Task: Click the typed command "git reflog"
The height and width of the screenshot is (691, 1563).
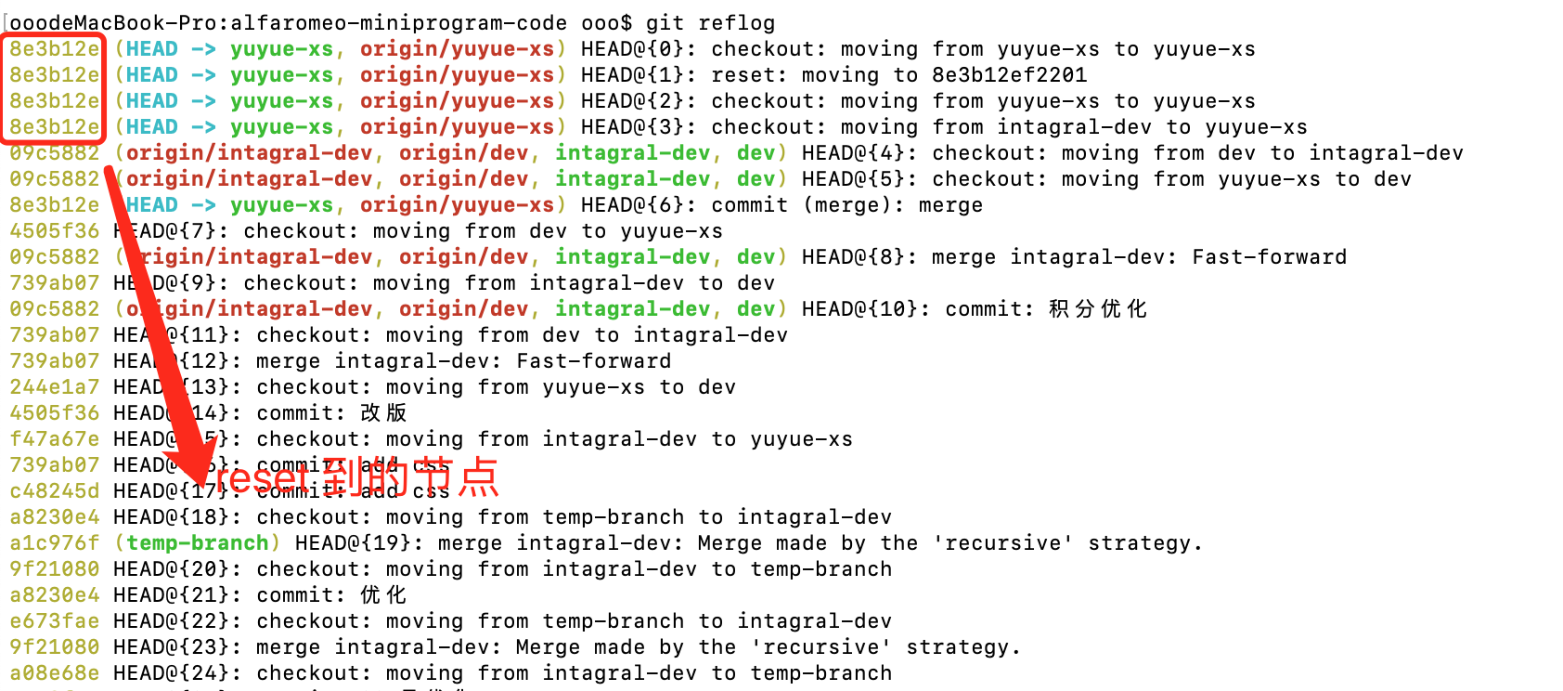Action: click(710, 22)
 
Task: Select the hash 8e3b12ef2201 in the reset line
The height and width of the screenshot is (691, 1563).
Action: click(1010, 74)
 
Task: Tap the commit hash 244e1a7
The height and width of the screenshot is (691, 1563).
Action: click(54, 386)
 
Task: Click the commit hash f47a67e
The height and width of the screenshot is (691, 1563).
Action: click(54, 438)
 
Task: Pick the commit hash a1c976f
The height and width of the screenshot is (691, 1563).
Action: click(54, 542)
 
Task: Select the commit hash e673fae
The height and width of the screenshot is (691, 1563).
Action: click(54, 620)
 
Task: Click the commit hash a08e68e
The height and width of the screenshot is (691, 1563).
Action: click(54, 672)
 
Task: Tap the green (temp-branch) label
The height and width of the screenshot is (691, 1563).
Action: click(197, 542)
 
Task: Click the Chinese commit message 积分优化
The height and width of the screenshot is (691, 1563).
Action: click(1098, 308)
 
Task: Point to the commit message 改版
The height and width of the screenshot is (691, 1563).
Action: click(383, 412)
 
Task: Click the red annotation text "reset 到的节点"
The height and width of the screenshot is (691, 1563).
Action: click(358, 477)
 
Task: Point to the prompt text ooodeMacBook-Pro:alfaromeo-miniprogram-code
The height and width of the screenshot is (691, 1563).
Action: click(289, 22)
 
